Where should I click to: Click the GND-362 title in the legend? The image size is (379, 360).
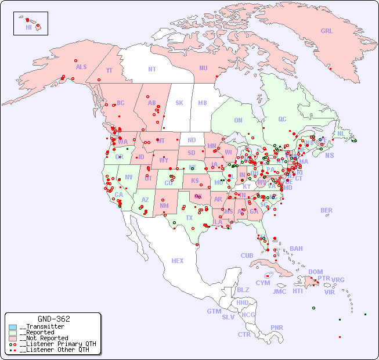click(53, 319)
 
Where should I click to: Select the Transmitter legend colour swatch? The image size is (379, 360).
click(13, 327)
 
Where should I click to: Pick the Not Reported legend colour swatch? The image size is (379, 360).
click(13, 338)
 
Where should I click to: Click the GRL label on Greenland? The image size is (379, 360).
click(327, 31)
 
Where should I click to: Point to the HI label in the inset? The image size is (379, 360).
click(28, 27)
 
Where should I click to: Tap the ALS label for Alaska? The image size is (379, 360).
click(81, 67)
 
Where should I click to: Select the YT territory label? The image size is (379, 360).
click(110, 70)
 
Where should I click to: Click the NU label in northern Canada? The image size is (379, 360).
click(203, 68)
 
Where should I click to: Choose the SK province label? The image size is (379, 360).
click(179, 103)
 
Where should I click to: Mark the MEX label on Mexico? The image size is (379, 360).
click(178, 261)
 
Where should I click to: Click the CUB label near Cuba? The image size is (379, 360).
click(247, 255)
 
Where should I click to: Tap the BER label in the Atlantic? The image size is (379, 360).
click(327, 210)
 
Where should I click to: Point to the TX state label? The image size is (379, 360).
click(189, 218)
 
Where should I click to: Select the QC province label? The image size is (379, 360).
click(282, 119)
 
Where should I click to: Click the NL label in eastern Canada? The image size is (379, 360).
click(341, 133)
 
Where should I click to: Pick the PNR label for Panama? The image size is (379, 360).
click(277, 327)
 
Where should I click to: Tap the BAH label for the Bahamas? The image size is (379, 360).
click(296, 249)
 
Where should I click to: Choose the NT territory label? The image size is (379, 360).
click(152, 69)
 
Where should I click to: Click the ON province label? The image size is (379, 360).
click(238, 120)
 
